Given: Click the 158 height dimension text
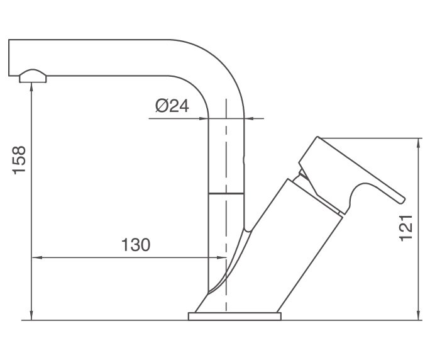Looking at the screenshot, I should click(19, 160).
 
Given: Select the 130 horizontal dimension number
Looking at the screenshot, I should click(136, 245).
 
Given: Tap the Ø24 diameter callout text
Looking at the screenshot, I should click(171, 106).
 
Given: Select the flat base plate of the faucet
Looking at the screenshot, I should click(234, 316).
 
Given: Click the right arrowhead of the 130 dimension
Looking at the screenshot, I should click(221, 257).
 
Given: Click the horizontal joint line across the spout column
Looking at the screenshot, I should click(226, 194).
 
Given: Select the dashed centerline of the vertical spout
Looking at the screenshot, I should click(226, 157).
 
